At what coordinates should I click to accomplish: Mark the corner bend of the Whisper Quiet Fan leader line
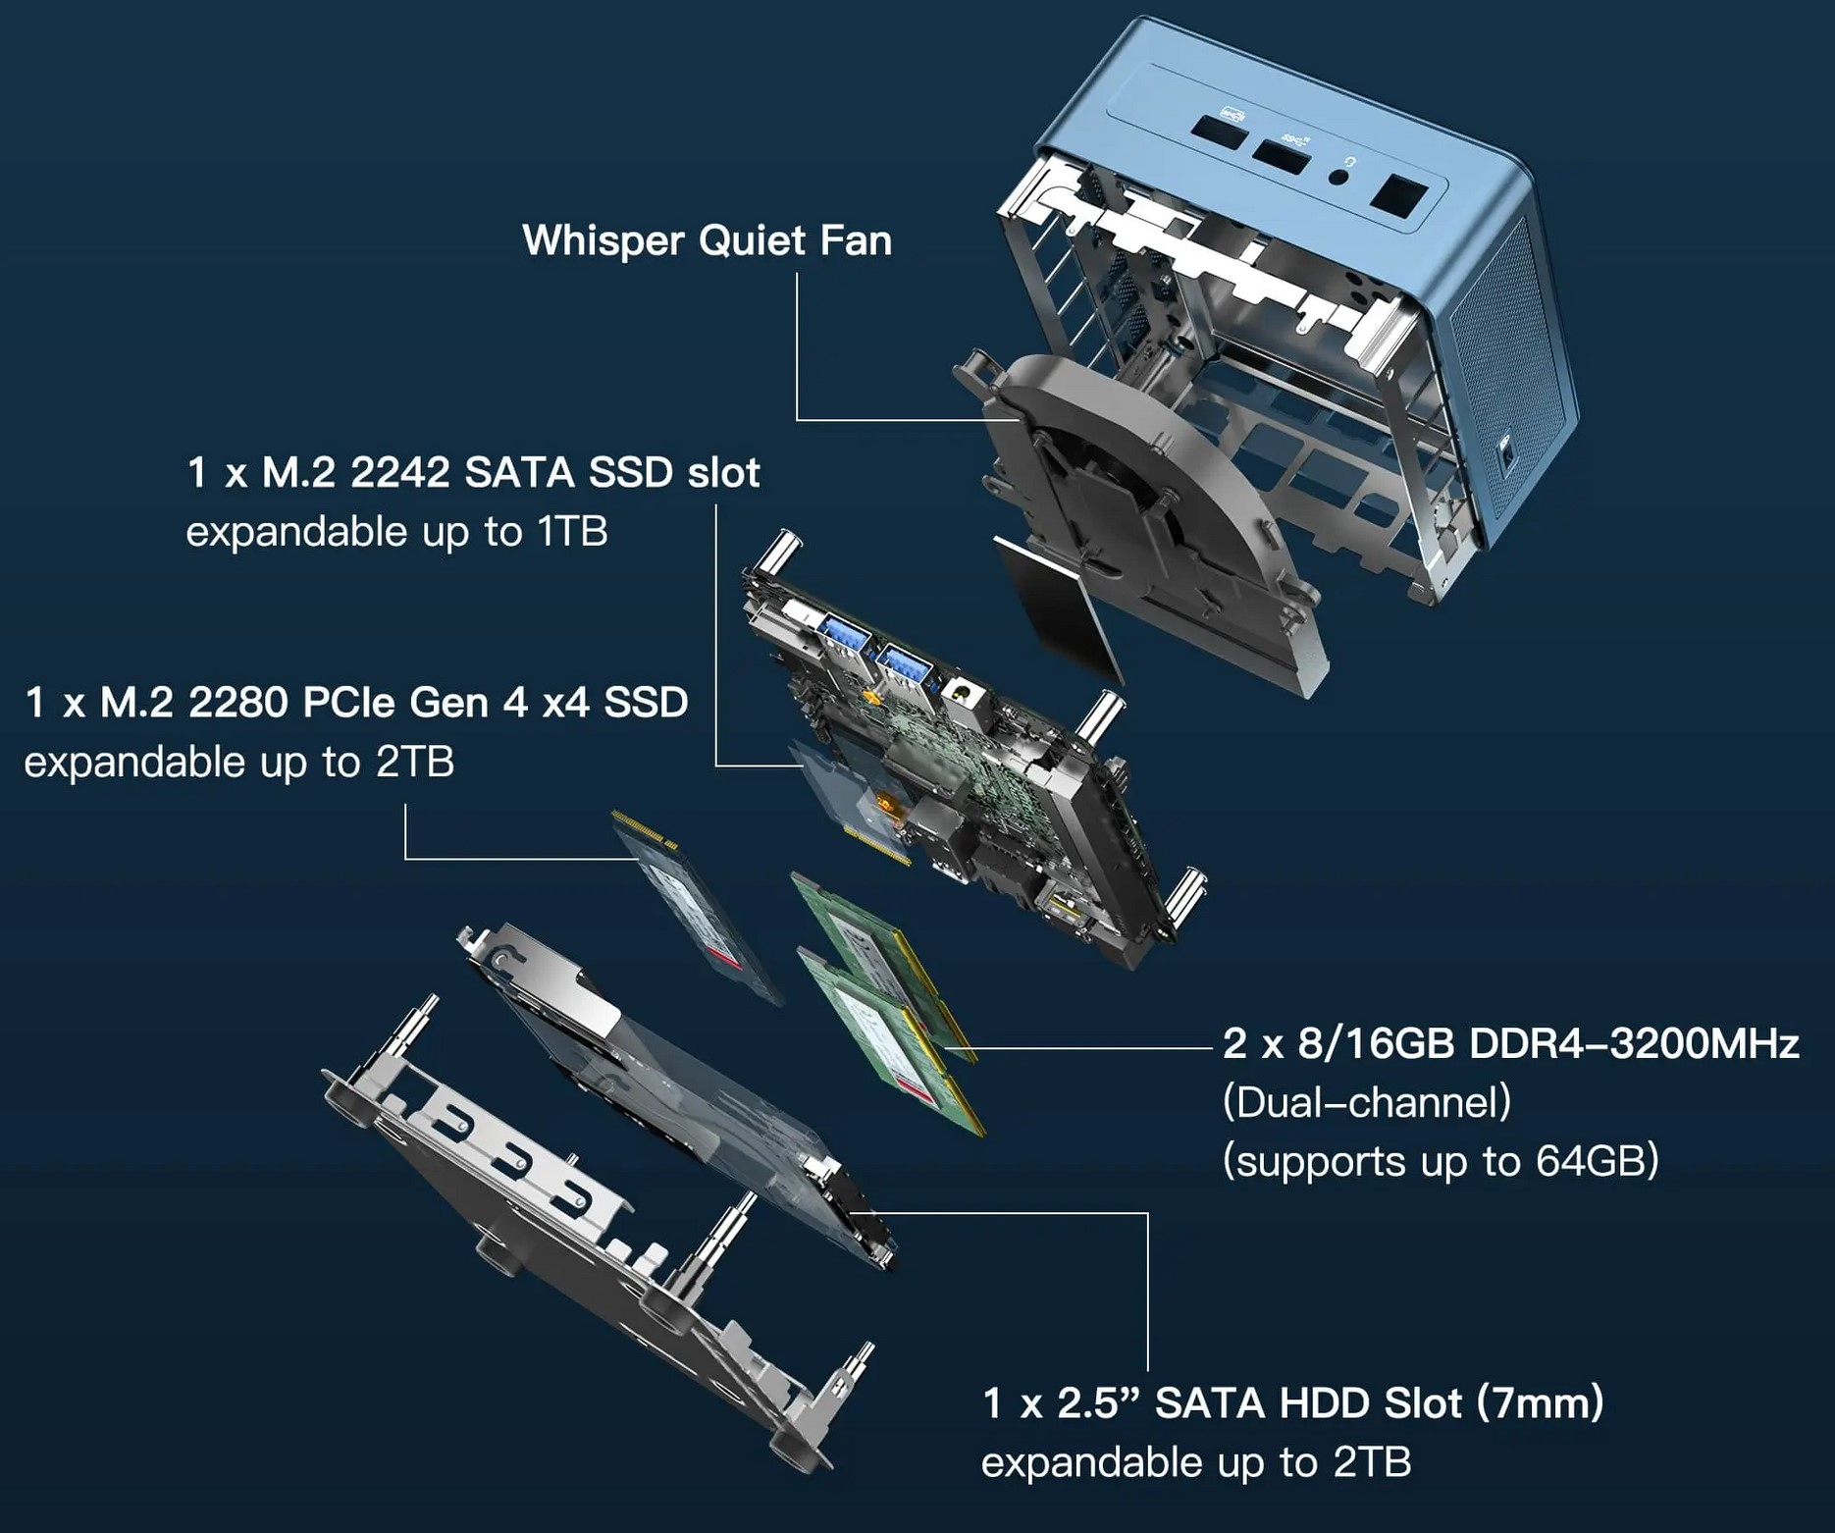(797, 420)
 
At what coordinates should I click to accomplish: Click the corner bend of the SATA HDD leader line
(1147, 1213)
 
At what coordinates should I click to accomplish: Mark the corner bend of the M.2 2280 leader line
(405, 859)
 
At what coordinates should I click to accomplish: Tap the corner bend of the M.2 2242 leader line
(716, 766)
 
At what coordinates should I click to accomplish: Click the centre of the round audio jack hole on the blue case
(1338, 177)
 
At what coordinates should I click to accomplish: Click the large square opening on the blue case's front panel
(1397, 194)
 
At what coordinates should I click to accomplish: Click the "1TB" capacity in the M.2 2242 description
(572, 532)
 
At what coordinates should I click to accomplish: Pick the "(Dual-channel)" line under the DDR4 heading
(1367, 1102)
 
